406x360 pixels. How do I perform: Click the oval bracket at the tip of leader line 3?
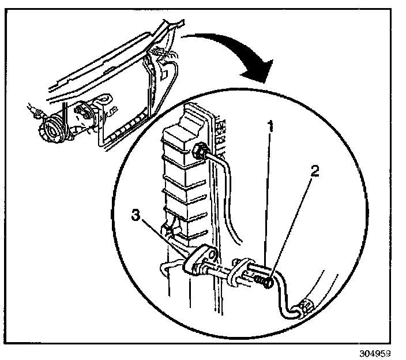click(198, 260)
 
